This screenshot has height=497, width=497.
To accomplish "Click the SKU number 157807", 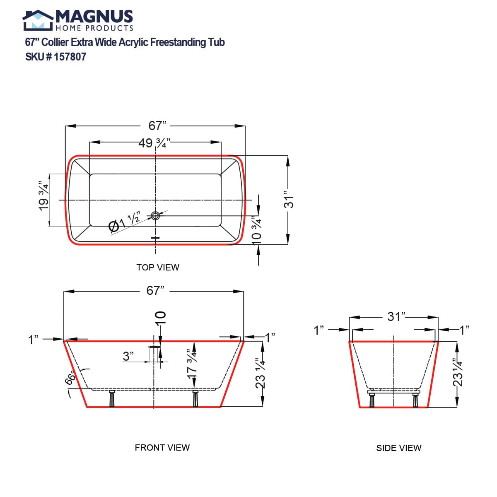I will (70, 57).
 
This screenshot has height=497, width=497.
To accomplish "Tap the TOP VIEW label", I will (158, 268).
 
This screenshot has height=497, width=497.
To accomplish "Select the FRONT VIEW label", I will (162, 448).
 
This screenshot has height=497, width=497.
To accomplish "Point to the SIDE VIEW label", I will (398, 448).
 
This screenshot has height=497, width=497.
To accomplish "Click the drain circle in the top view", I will (156, 215).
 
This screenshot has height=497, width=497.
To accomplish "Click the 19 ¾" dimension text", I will (43, 196).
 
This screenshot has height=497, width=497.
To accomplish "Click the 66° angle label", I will (71, 378).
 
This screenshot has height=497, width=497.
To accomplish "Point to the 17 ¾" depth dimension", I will (191, 362).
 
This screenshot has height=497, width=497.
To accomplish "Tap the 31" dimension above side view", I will (396, 317).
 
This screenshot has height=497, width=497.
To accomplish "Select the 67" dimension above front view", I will (155, 291).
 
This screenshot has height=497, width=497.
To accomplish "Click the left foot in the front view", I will (111, 399).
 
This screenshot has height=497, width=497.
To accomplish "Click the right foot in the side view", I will (415, 400).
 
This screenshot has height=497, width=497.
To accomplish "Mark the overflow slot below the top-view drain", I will (155, 238).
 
